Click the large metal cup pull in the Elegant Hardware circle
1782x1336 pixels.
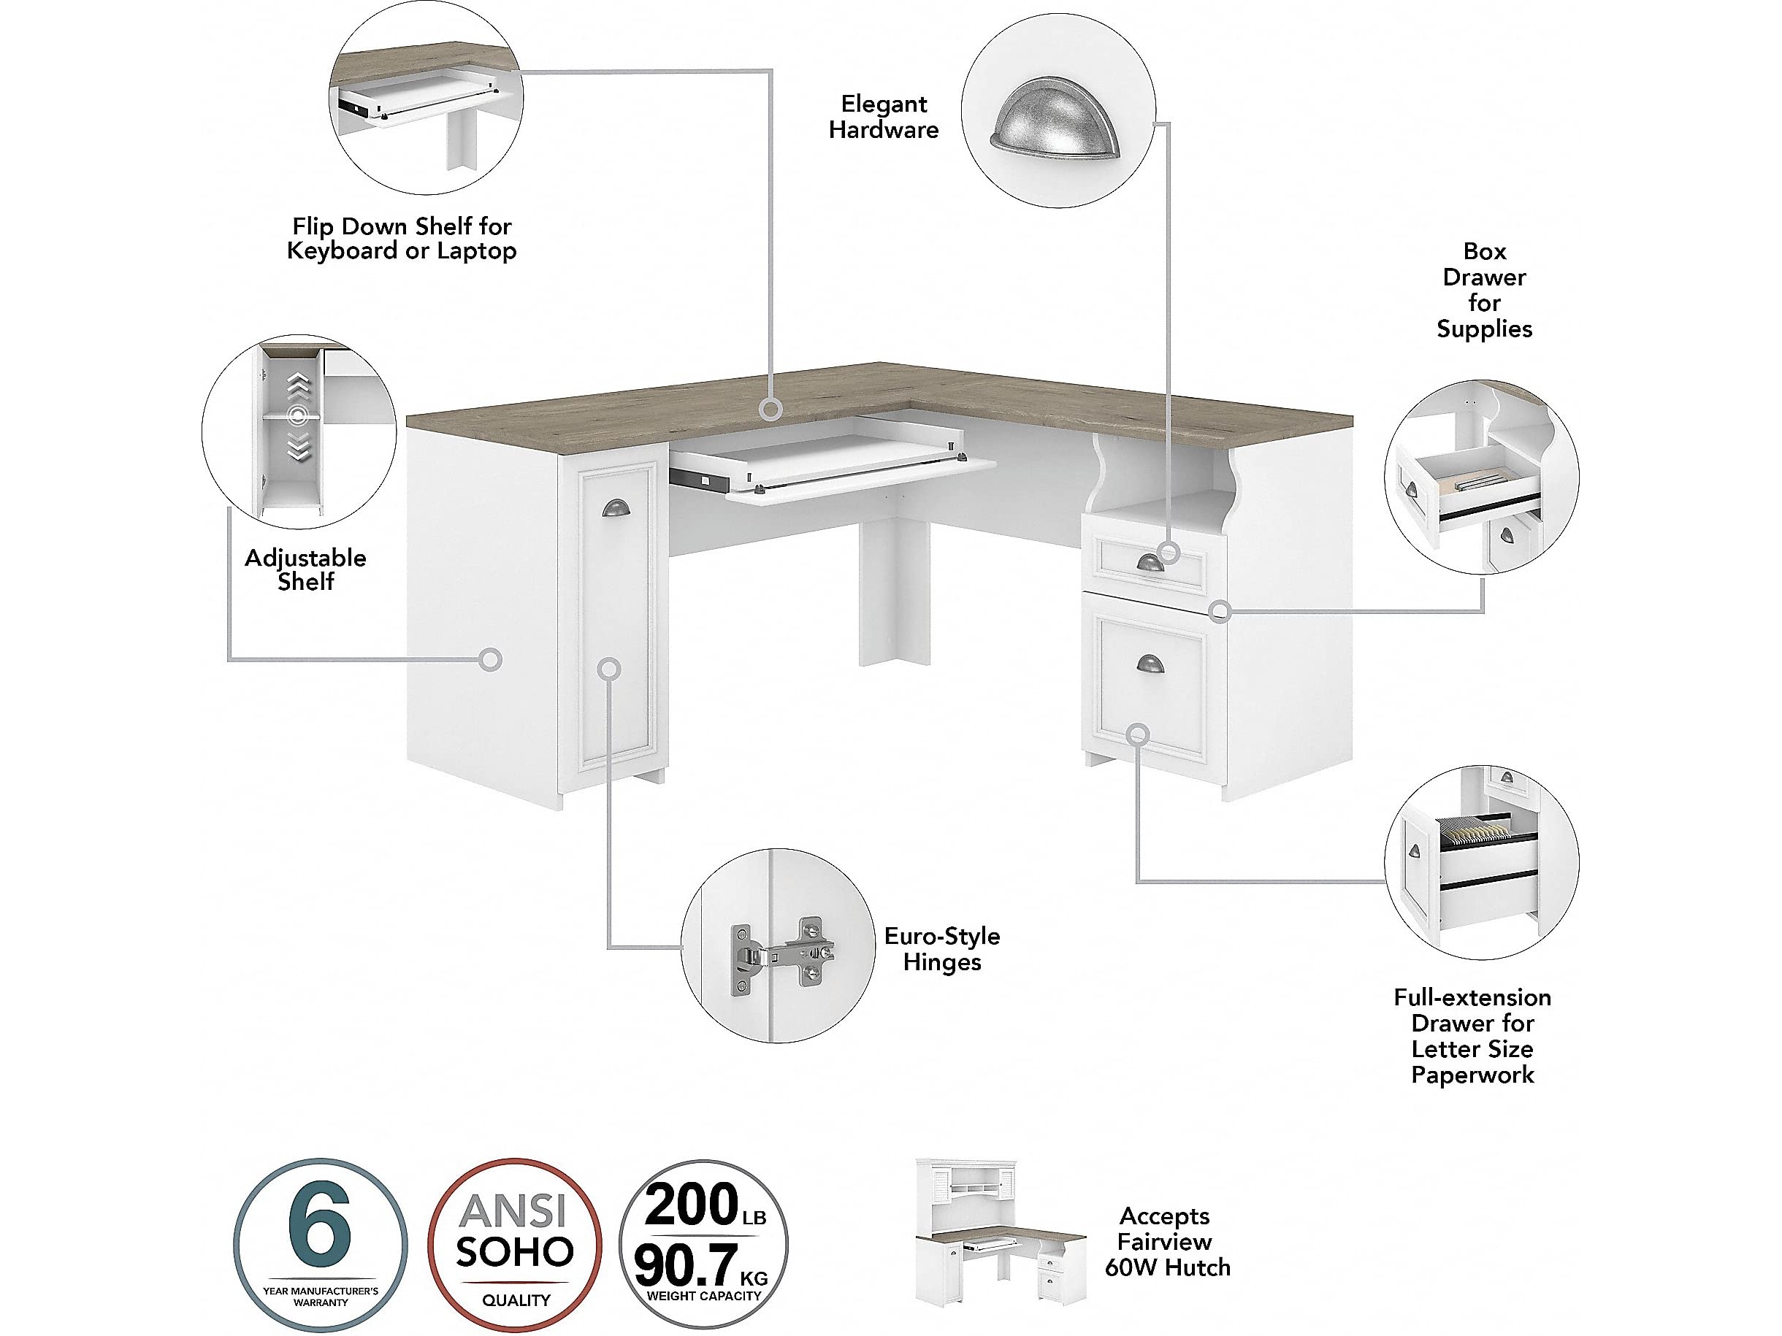tap(1055, 124)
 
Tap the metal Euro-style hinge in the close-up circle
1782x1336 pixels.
tap(781, 954)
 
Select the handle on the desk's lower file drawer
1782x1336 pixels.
tap(1150, 663)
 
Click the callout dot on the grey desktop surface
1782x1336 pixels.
tap(771, 410)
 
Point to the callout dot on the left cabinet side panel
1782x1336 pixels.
tap(490, 659)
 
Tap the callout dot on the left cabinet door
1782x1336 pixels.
tap(610, 669)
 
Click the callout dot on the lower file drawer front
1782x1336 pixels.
tap(1138, 734)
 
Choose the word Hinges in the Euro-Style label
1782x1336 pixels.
tap(941, 963)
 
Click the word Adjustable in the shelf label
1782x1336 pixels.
tap(305, 558)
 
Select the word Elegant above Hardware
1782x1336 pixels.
tap(884, 104)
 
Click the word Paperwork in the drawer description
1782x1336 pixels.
tap(1472, 1075)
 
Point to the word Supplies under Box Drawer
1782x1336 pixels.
tap(1485, 329)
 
